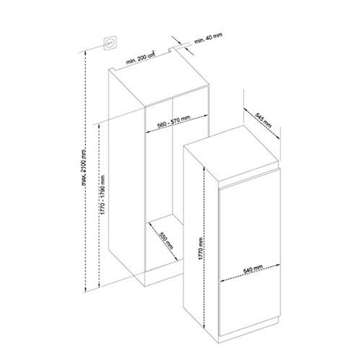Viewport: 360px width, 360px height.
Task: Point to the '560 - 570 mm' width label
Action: pos(174,122)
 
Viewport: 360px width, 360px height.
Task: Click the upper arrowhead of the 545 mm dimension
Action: pos(242,107)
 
